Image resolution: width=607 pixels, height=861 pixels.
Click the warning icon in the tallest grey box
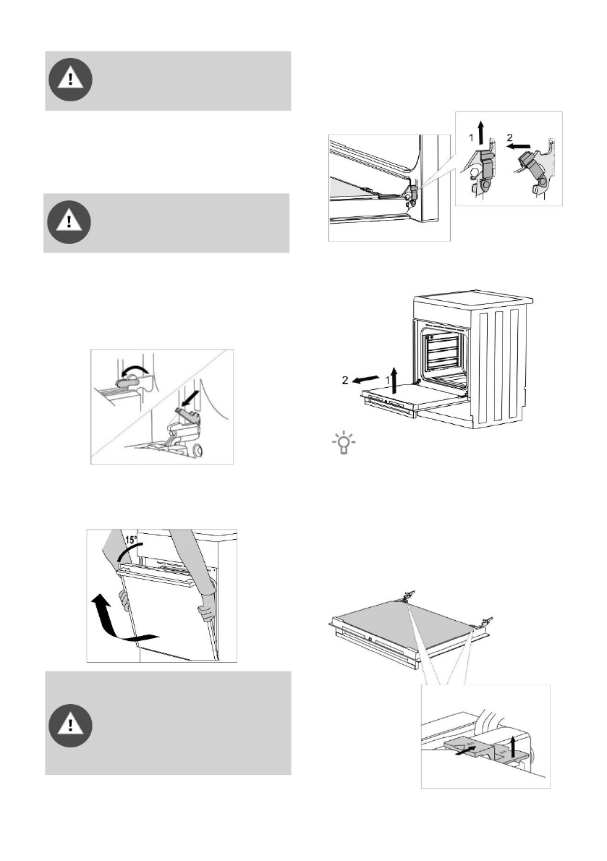click(x=70, y=723)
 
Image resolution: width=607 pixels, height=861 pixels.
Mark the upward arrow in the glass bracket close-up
click(x=513, y=745)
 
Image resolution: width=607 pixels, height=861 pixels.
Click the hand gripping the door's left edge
click(x=122, y=599)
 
